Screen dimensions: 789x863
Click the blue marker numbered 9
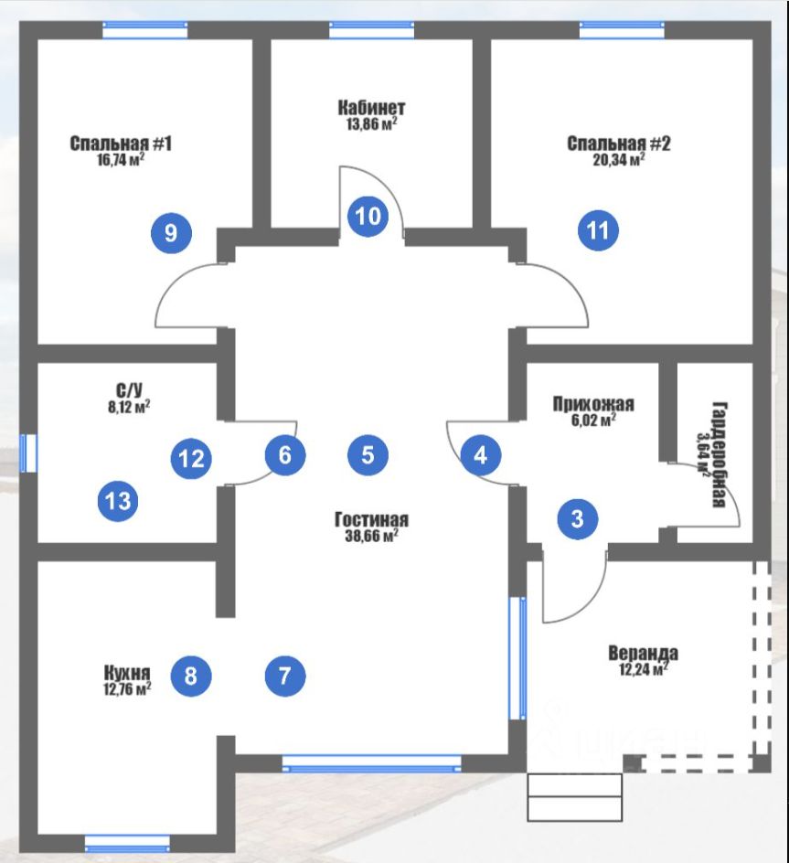click(171, 233)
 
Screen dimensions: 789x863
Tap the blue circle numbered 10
click(368, 217)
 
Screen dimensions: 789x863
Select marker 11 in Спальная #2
click(598, 230)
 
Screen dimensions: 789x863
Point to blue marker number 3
click(578, 518)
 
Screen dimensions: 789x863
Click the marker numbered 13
click(118, 501)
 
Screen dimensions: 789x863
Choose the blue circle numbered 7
click(285, 676)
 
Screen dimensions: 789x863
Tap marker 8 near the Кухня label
click(191, 676)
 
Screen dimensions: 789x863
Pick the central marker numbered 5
click(368, 455)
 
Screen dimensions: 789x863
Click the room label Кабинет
click(371, 107)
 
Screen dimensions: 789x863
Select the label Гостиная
click(372, 519)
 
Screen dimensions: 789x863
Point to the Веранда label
click(643, 654)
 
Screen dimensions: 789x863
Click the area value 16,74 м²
click(121, 160)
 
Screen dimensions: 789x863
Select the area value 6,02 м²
click(593, 421)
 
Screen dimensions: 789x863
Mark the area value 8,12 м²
click(129, 408)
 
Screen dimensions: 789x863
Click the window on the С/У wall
click(28, 453)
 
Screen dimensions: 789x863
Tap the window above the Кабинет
click(372, 30)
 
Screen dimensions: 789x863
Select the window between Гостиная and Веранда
click(517, 658)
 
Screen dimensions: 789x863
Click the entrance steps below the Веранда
click(575, 797)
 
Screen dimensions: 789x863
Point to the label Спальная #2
click(619, 144)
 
